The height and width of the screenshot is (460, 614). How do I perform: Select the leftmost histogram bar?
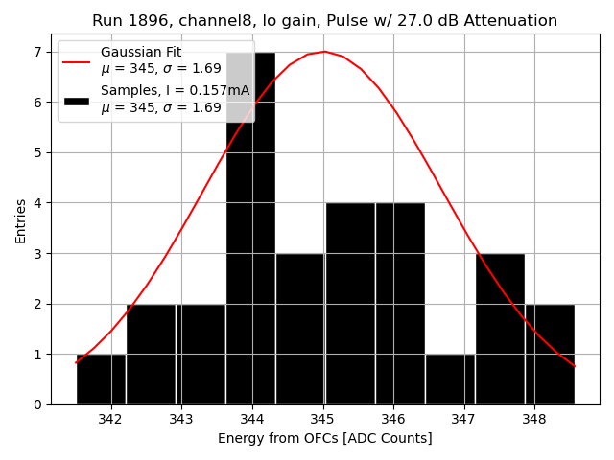101,379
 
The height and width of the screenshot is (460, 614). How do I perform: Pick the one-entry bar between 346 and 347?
450,379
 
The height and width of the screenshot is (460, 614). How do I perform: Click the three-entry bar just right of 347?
500,329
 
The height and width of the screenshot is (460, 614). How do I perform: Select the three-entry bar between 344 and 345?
300,329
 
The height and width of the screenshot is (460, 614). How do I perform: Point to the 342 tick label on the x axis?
111,420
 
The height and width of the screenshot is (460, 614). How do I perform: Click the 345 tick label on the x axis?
322,420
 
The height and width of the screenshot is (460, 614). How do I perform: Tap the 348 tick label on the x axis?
534,420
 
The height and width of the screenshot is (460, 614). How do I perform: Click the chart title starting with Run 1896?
324,21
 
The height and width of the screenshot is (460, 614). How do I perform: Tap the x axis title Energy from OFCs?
324,438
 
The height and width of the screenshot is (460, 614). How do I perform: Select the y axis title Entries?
21,220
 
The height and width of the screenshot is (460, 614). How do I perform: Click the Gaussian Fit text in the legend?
141,52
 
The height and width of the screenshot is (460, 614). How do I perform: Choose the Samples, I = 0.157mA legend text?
175,91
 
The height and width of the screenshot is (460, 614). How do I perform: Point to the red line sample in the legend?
76,60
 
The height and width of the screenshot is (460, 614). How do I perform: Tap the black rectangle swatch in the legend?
76,100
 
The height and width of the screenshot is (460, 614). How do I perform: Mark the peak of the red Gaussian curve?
324,52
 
